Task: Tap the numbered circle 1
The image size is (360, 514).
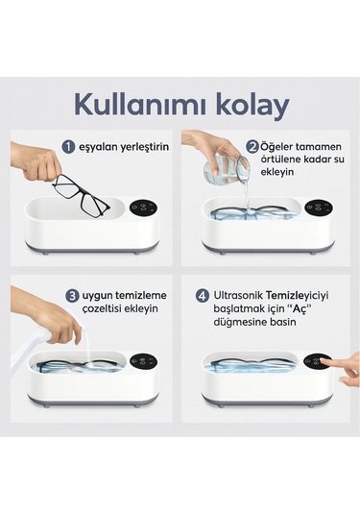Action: [x=68, y=147]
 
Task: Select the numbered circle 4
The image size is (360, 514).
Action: [x=203, y=295]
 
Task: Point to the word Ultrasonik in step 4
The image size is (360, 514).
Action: [x=240, y=296]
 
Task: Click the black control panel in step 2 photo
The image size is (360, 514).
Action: [x=319, y=207]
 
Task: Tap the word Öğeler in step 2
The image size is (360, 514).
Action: [x=279, y=147]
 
